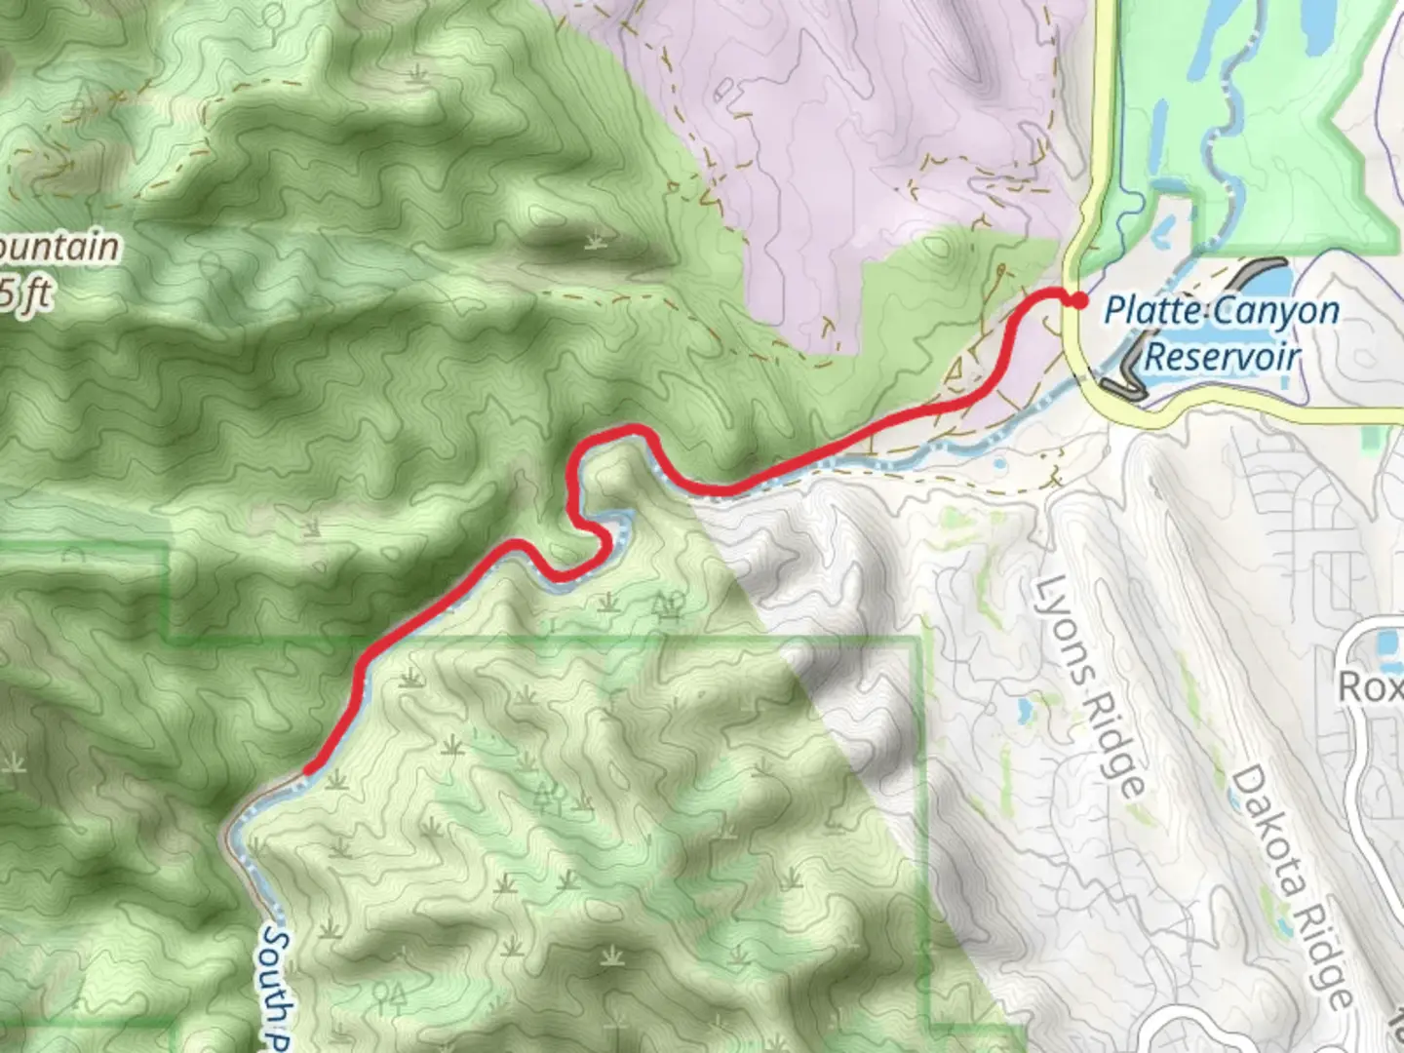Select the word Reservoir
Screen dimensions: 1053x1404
pyautogui.click(x=1222, y=356)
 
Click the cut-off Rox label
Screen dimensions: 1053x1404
pyautogui.click(x=1369, y=686)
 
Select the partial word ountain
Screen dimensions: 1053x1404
pyautogui.click(x=58, y=248)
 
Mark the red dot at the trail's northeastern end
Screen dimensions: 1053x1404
pyautogui.click(x=1077, y=300)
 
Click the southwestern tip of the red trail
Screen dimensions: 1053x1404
pyautogui.click(x=307, y=770)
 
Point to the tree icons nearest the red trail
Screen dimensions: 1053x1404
pyautogui.click(x=669, y=604)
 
